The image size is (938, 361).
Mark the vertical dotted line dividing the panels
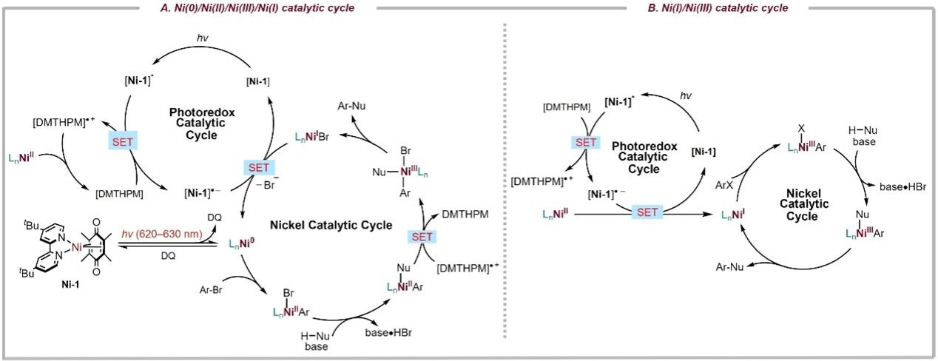click(x=506, y=185)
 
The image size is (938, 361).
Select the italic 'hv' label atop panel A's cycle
click(x=203, y=38)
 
